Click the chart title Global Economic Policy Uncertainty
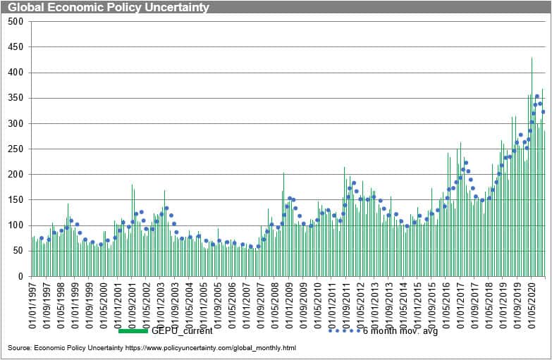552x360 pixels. click(109, 7)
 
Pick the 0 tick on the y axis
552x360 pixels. click(20, 277)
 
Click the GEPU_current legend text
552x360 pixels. click(182, 330)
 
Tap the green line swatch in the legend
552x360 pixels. click(133, 330)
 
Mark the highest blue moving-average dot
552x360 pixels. click(536, 97)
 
